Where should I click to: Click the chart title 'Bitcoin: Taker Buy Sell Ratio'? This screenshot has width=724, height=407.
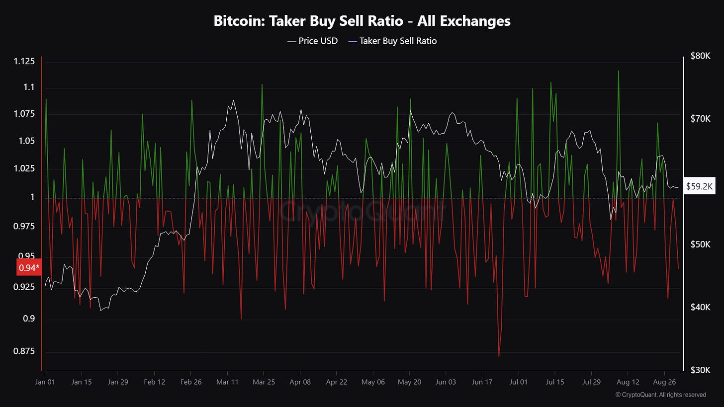[362, 21]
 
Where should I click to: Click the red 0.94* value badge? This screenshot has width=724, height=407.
[29, 268]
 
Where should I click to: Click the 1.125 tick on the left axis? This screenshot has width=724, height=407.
[23, 61]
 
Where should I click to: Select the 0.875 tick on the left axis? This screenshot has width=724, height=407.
[23, 351]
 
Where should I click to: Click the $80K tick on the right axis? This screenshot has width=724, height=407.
[700, 56]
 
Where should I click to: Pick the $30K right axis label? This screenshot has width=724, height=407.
[700, 370]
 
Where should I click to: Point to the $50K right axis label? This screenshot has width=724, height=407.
[700, 244]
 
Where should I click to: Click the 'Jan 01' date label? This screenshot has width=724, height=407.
[45, 382]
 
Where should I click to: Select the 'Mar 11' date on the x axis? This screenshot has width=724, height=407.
[228, 382]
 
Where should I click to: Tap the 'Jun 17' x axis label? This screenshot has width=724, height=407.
[482, 382]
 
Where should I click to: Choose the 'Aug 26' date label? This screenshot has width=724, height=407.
[664, 382]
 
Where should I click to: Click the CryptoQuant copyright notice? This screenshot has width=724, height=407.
[660, 395]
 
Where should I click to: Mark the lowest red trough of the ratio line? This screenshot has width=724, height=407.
[499, 356]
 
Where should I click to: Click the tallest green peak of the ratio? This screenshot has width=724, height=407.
[618, 71]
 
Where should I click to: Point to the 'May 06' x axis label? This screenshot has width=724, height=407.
[373, 382]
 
